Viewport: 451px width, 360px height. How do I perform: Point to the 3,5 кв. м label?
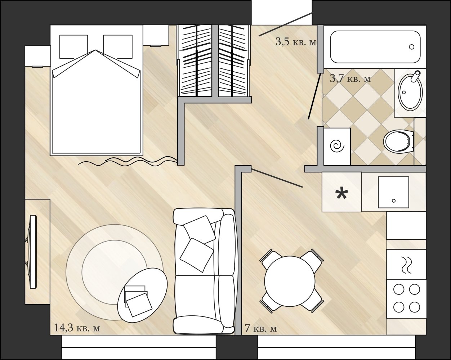296,42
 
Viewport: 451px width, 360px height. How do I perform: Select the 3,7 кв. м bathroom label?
350,78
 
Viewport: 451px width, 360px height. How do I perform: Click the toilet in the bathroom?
398,141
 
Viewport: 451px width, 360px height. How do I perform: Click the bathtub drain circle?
412,47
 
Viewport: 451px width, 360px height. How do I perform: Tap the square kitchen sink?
393,192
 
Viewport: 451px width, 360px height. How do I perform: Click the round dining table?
290,281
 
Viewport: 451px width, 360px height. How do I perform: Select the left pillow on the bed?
73,47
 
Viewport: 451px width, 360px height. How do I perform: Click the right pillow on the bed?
118,47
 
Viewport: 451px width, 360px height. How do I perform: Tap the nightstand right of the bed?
156,35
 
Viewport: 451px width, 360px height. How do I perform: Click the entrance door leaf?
285,24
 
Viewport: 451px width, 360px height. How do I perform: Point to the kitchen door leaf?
277,177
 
